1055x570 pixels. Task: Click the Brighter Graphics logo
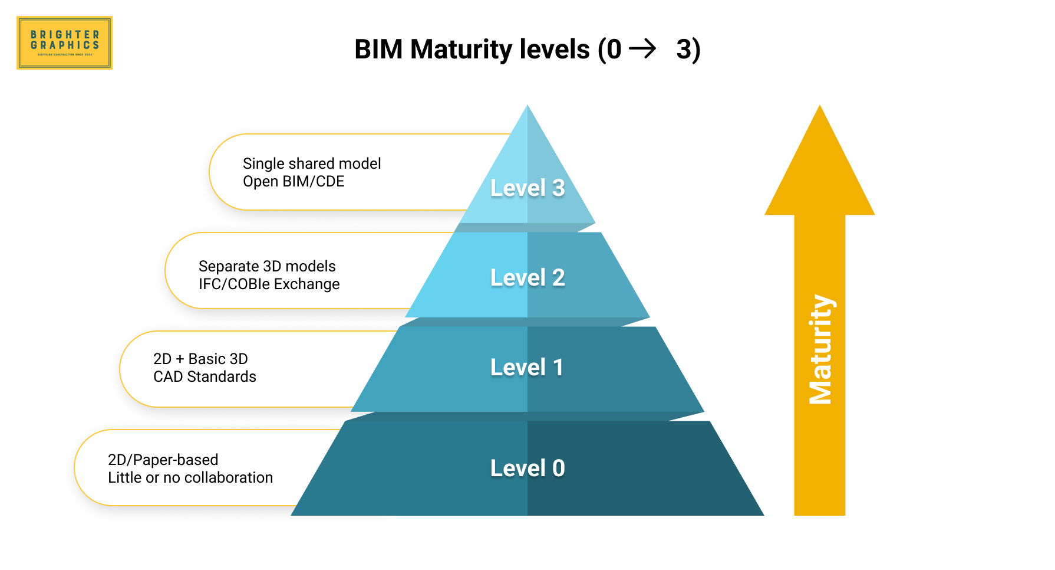click(64, 43)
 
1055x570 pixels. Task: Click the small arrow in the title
click(642, 48)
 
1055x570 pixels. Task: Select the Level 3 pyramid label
click(527, 188)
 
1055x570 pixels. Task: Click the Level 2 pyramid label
click(527, 277)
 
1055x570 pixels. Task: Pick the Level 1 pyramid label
click(527, 367)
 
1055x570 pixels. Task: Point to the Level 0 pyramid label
click(527, 468)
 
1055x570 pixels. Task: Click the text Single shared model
click(312, 163)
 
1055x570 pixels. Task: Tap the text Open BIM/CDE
click(294, 182)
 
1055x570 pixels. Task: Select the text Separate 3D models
click(267, 266)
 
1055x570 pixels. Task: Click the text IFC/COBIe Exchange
click(269, 284)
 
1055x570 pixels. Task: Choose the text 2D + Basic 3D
click(200, 359)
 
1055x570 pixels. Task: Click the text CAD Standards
click(205, 376)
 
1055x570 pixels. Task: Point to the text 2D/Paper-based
click(163, 460)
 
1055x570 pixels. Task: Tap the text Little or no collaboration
click(190, 477)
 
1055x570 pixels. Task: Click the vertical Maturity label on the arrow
click(820, 349)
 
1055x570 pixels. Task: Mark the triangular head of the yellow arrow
click(820, 171)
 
